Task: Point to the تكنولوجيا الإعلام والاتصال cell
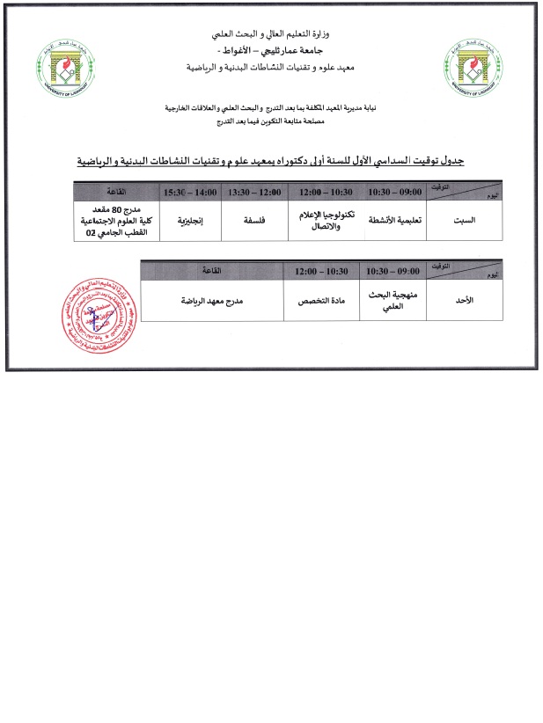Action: pyautogui.click(x=323, y=220)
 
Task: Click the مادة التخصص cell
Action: pyautogui.click(x=323, y=299)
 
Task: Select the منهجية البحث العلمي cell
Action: pyautogui.click(x=395, y=299)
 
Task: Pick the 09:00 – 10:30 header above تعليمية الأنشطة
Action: pyautogui.click(x=395, y=191)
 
